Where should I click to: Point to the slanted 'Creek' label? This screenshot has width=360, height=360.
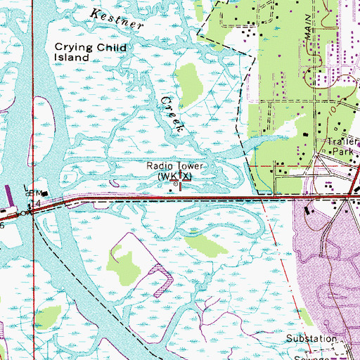[x=174, y=112]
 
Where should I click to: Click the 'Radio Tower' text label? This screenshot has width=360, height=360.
[x=175, y=166]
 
